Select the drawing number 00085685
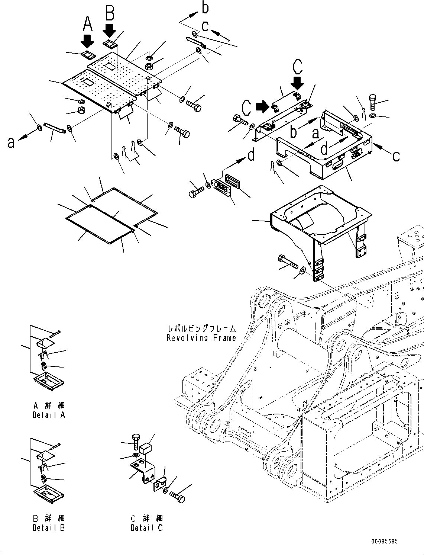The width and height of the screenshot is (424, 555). tap(384, 542)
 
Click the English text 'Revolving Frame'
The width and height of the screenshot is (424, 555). tap(201, 338)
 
